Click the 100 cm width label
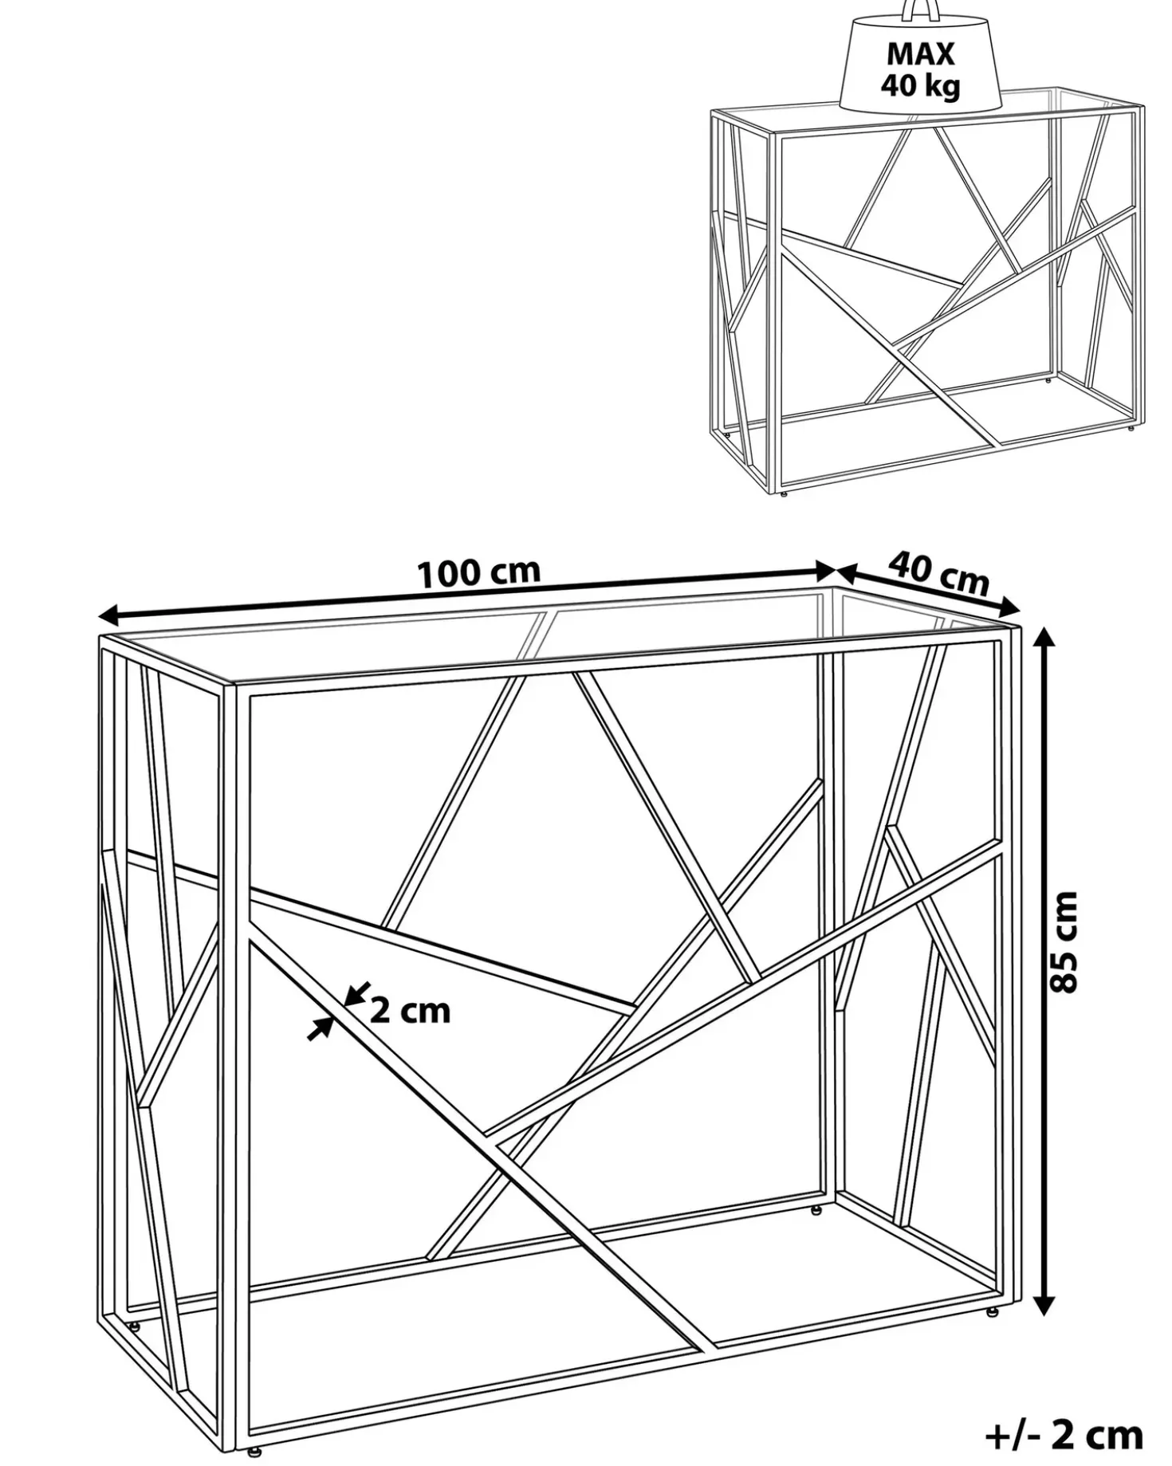tap(479, 572)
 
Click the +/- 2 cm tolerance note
tap(1064, 1435)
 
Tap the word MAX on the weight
tap(920, 54)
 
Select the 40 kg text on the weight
tap(920, 85)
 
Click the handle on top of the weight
tap(921, 10)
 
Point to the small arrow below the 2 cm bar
tap(321, 1029)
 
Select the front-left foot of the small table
tap(785, 493)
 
